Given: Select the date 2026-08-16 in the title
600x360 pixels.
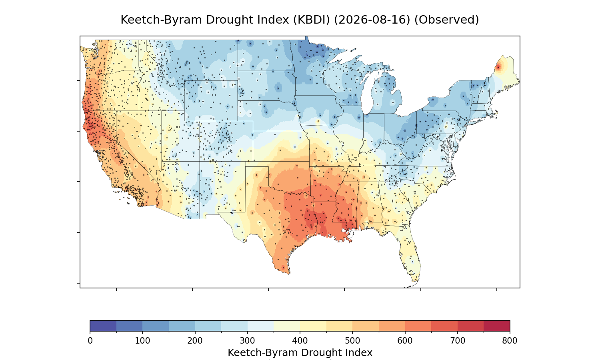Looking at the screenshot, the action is click(x=372, y=20).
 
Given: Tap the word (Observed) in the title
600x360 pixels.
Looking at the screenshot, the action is click(x=446, y=20).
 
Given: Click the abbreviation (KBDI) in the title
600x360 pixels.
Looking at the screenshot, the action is click(x=312, y=20).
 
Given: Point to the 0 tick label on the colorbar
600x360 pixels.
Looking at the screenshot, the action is click(x=90, y=341).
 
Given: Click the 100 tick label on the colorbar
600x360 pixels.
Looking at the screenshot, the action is click(x=142, y=341).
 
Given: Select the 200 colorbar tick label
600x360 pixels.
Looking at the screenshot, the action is click(x=195, y=341).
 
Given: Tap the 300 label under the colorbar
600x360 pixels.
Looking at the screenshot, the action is click(x=248, y=341).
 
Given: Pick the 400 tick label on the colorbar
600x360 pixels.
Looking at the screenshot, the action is click(x=300, y=341).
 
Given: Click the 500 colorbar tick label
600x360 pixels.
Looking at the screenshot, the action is click(x=352, y=341).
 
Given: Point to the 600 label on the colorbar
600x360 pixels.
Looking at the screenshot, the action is click(x=405, y=341).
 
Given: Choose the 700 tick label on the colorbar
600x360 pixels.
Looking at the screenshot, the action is click(x=458, y=341).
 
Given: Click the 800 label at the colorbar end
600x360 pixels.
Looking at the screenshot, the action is click(x=510, y=341).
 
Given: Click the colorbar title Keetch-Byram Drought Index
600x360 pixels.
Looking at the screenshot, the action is click(x=300, y=353).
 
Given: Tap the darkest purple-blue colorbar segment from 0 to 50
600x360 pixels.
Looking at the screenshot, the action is click(x=103, y=326).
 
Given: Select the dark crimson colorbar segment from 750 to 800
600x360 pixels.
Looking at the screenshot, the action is click(x=497, y=326).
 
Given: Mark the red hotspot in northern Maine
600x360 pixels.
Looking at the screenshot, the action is click(x=498, y=68).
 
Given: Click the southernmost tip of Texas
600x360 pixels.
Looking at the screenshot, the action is click(x=289, y=274).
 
